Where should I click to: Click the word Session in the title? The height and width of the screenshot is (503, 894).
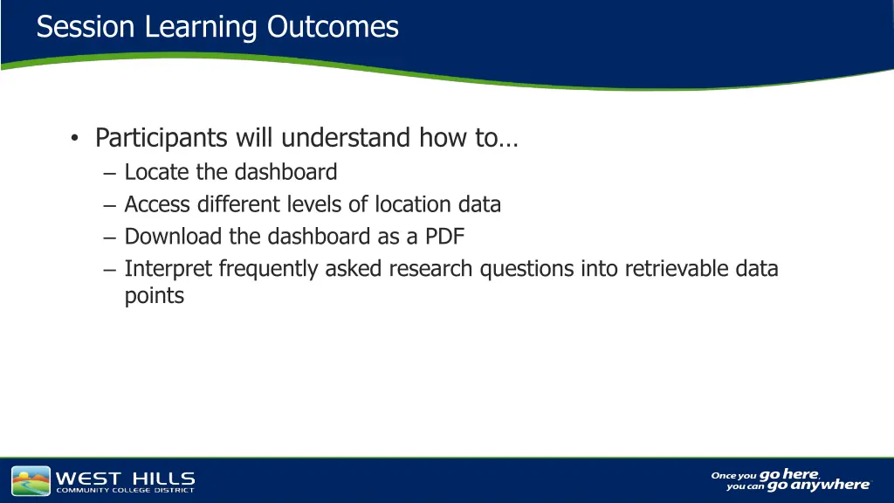(86, 27)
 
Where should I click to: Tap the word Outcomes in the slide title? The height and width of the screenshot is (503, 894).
(333, 27)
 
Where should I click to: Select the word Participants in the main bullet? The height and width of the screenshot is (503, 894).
(162, 139)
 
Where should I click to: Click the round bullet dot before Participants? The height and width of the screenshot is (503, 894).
(74, 138)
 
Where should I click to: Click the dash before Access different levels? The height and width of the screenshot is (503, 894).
(110, 205)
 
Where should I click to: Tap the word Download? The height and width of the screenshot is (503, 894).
(174, 236)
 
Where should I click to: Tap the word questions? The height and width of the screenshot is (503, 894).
(526, 269)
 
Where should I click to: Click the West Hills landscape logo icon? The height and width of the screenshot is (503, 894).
(31, 481)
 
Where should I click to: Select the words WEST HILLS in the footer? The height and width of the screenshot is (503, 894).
(126, 478)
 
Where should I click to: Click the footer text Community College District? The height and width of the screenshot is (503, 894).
(126, 490)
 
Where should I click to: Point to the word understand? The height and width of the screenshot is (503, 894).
(346, 137)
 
